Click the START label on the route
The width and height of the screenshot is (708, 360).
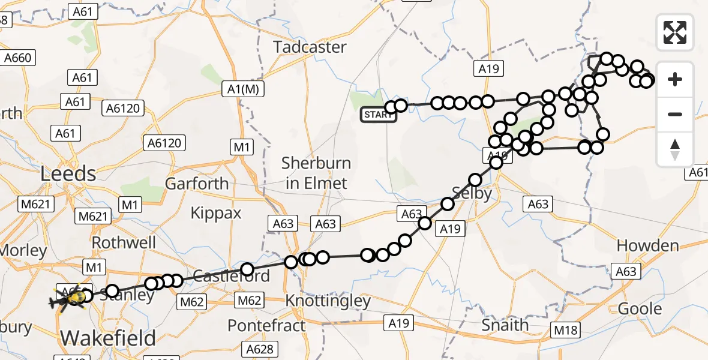pos(378,115)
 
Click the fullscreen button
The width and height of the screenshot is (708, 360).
pos(675,32)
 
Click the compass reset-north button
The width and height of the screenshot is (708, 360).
pos(675,149)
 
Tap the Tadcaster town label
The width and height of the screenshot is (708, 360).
pos(310,47)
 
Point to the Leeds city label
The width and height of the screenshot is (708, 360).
pos(68,174)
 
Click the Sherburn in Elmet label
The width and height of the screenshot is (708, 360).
pos(317,173)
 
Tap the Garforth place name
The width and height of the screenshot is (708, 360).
pos(197,184)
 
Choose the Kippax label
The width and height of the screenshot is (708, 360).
pos(216,212)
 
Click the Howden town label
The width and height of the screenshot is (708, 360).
pos(648,246)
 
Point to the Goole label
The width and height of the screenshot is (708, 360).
pos(640,308)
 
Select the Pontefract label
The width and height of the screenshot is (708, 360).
pos(266,326)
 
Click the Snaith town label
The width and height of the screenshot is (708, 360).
pos(506,325)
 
